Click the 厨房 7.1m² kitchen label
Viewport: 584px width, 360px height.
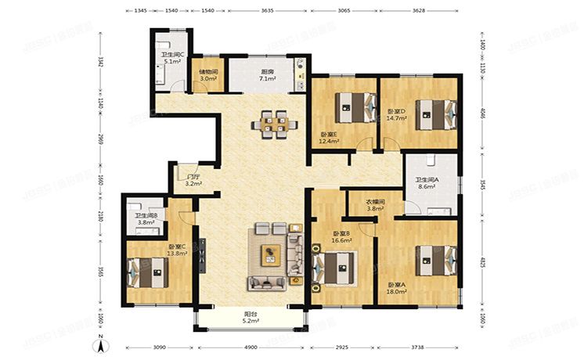[x=268, y=75]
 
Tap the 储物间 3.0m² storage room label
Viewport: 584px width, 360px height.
[x=208, y=75]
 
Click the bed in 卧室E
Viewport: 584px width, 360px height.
[x=353, y=107]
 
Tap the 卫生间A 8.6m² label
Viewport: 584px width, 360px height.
[x=427, y=185]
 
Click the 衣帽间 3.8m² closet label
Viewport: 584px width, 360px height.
[x=376, y=205]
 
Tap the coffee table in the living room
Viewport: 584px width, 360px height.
[x=271, y=252]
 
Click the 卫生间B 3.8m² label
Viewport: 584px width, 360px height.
[x=146, y=218]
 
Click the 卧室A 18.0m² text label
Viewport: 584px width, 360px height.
[x=398, y=288]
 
